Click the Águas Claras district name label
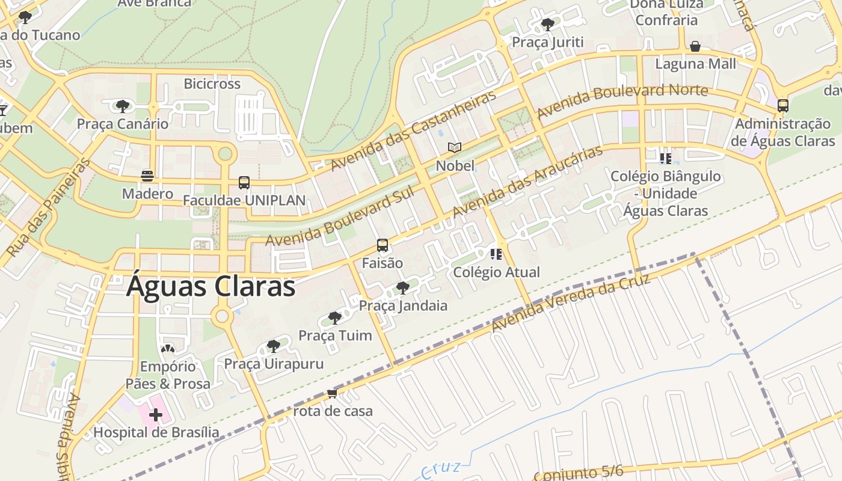pyautogui.click(x=210, y=287)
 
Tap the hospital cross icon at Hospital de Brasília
pyautogui.click(x=156, y=414)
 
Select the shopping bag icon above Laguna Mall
pyautogui.click(x=695, y=46)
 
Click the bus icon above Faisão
pyautogui.click(x=383, y=245)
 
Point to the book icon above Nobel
pyautogui.click(x=455, y=147)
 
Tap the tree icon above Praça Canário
pyautogui.click(x=123, y=106)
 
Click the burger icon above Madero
pyautogui.click(x=147, y=176)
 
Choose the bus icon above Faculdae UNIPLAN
pyautogui.click(x=244, y=182)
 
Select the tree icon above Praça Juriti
pyautogui.click(x=547, y=25)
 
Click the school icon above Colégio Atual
pyautogui.click(x=496, y=254)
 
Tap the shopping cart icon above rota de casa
pyautogui.click(x=332, y=394)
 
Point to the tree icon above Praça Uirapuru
pyautogui.click(x=274, y=346)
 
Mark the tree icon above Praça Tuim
pyautogui.click(x=335, y=317)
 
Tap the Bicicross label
pyautogui.click(x=212, y=84)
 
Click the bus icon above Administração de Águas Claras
pyautogui.click(x=782, y=106)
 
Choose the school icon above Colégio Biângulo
pyautogui.click(x=665, y=159)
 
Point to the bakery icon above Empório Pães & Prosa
pyautogui.click(x=168, y=349)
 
